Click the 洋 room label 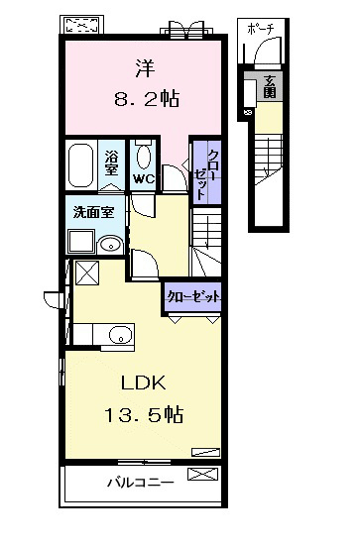(x=145, y=68)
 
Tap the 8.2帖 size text (x=147, y=99)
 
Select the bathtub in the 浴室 (x=81, y=165)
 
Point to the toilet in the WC (x=144, y=155)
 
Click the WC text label (x=144, y=179)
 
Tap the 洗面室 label (x=93, y=212)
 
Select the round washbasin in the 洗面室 (x=110, y=245)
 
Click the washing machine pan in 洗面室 (x=81, y=242)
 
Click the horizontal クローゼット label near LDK (x=193, y=297)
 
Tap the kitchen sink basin (x=120, y=336)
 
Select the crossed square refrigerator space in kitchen (x=87, y=273)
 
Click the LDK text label (x=143, y=383)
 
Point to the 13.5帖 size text (x=144, y=415)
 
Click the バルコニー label (x=141, y=484)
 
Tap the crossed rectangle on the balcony (x=203, y=474)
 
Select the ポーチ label (x=260, y=30)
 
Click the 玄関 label (x=270, y=86)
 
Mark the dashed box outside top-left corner (x=82, y=25)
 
